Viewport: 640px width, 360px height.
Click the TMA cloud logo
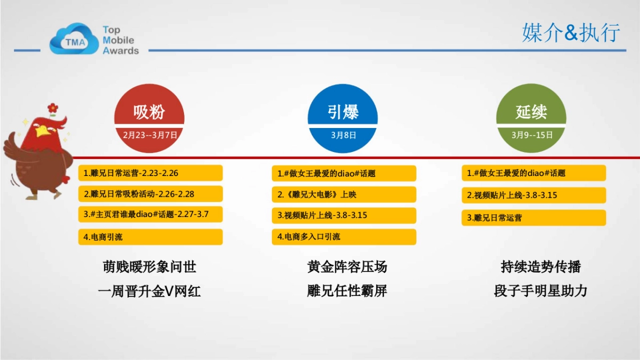click(75, 39)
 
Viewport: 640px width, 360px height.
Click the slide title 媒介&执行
click(571, 33)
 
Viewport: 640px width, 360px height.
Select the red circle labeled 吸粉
click(149, 113)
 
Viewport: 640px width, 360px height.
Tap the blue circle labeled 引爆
click(343, 113)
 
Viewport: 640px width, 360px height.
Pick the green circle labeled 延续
click(531, 113)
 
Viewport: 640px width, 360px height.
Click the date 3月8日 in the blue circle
click(343, 135)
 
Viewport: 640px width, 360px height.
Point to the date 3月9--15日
click(532, 135)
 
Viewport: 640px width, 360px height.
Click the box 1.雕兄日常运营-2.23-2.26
click(150, 173)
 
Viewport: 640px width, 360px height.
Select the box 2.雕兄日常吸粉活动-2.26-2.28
click(150, 194)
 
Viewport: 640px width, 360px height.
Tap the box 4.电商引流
click(150, 237)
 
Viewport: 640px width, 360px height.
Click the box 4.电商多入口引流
click(344, 237)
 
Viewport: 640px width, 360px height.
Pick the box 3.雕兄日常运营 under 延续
click(533, 218)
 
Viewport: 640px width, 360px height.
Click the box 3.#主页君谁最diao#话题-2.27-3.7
click(150, 214)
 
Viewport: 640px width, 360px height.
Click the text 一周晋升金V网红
click(150, 291)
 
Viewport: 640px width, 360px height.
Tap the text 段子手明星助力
click(540, 291)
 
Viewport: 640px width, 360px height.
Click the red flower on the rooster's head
click(52, 108)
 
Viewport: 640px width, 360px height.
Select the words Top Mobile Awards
click(121, 41)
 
